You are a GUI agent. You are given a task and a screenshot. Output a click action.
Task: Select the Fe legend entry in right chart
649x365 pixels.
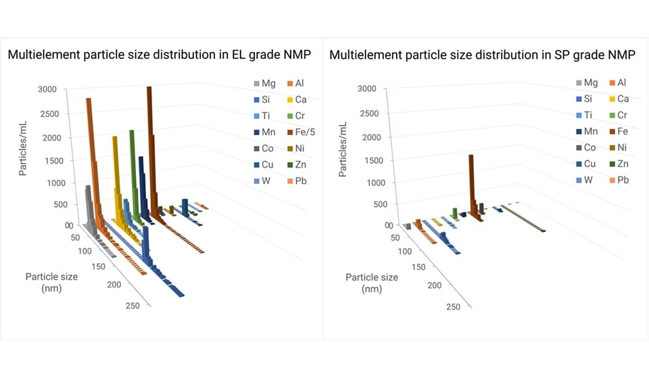pos(623,132)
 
